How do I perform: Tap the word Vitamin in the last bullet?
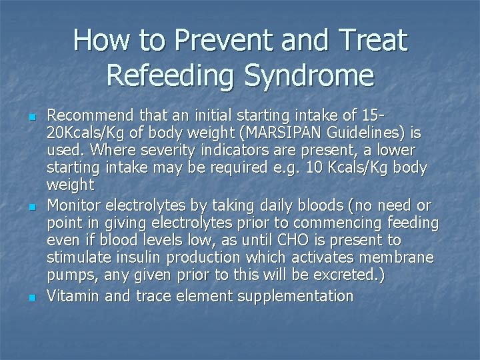[x=73, y=296]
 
